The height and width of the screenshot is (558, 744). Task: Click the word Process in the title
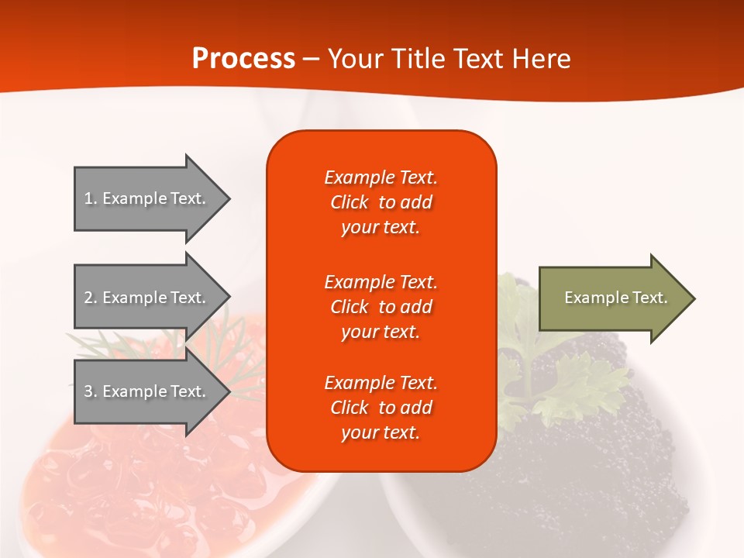pos(243,58)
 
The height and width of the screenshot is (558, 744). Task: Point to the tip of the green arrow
pos(695,298)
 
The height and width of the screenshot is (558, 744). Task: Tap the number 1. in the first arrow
pos(91,198)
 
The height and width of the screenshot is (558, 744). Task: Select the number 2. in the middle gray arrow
pos(91,298)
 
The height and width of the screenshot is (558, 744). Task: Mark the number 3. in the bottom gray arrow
pos(91,391)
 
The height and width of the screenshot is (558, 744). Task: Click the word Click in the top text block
pos(350,202)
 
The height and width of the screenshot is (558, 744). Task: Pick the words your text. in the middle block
pos(381,332)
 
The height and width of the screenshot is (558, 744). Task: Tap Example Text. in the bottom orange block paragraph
pos(381,382)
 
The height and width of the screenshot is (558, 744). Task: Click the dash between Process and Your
pos(312,60)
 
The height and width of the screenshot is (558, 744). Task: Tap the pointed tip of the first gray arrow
pos(230,199)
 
